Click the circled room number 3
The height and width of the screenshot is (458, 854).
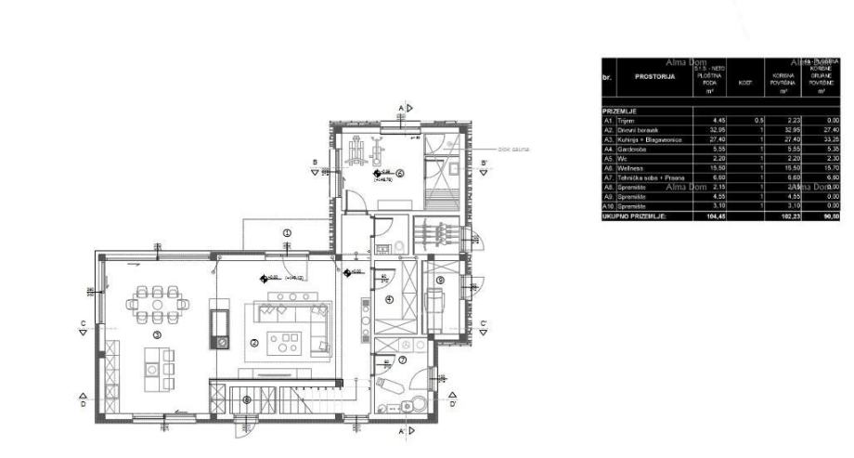pyautogui.click(x=157, y=334)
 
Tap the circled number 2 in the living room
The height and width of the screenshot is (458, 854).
pyautogui.click(x=253, y=342)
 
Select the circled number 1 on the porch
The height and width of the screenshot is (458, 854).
pyautogui.click(x=287, y=232)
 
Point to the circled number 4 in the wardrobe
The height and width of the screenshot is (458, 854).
pyautogui.click(x=389, y=299)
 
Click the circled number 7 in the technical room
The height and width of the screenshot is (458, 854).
pyautogui.click(x=402, y=360)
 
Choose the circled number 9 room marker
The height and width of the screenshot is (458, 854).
pyautogui.click(x=440, y=280)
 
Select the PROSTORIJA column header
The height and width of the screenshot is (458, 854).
pyautogui.click(x=655, y=78)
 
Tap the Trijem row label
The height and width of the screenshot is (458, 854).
pyautogui.click(x=628, y=121)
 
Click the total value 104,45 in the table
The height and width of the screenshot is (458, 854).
pyautogui.click(x=715, y=216)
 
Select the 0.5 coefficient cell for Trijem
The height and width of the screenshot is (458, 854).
pyautogui.click(x=758, y=121)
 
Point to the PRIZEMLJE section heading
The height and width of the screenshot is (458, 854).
pyautogui.click(x=623, y=111)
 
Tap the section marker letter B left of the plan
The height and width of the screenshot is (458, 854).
pyautogui.click(x=315, y=163)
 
